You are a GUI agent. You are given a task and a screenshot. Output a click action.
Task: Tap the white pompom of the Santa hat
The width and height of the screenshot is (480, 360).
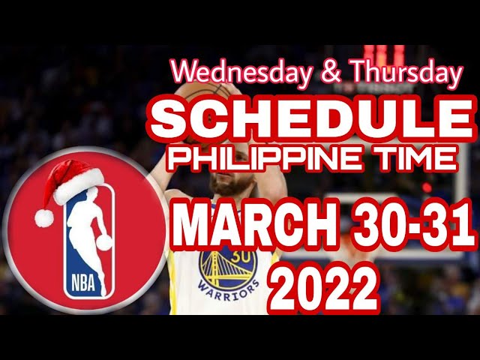click(x=44, y=217)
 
